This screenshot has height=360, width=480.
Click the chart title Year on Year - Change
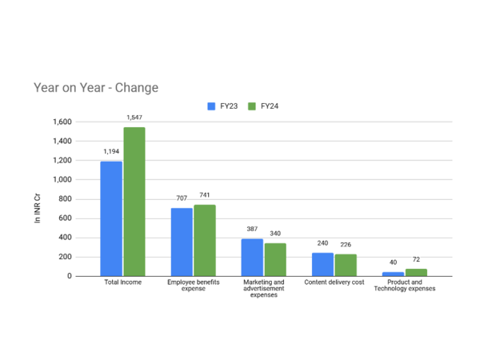tap(96, 88)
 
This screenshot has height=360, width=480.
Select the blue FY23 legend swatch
tap(211, 106)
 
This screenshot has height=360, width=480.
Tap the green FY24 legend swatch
tap(252, 106)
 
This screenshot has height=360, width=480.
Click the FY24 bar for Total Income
tap(134, 202)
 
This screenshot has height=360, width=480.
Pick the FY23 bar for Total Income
tap(111, 219)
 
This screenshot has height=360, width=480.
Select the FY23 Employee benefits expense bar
tap(182, 242)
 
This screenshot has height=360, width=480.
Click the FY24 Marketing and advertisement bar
tap(275, 259)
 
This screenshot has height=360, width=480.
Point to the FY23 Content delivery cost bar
tap(322, 265)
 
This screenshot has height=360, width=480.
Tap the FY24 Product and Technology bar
tap(416, 273)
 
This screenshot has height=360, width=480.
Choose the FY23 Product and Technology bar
tap(393, 274)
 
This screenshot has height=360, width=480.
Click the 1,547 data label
tap(134, 118)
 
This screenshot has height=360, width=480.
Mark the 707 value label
tap(182, 198)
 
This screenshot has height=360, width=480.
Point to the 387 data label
tap(252, 229)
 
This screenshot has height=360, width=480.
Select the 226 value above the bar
tap(346, 245)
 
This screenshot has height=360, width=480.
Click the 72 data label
tap(416, 259)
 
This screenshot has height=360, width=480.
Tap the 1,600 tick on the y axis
tap(62, 122)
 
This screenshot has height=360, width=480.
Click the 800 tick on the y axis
tap(65, 199)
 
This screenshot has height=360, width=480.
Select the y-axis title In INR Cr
tap(37, 208)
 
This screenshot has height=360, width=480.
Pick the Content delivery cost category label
tap(334, 282)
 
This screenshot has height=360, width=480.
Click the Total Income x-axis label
tap(122, 282)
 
